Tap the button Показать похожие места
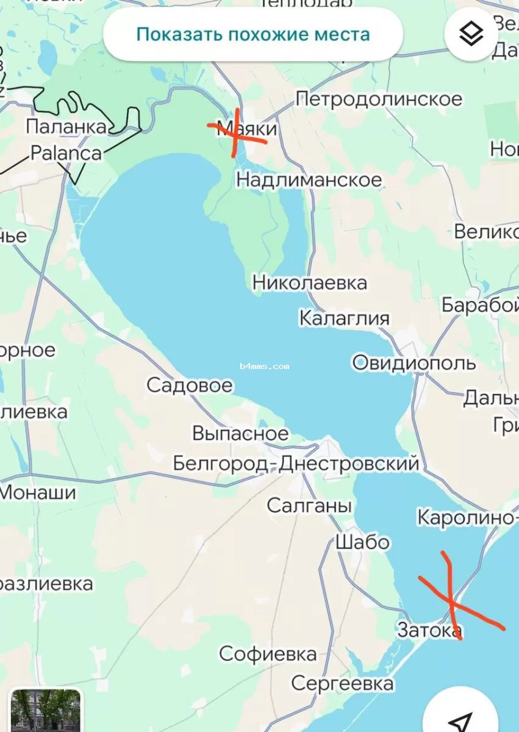point(252,34)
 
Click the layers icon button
point(471,34)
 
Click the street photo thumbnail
point(45,711)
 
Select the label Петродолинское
point(379,99)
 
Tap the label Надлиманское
point(309,180)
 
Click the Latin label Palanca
point(66,152)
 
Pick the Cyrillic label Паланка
point(66,127)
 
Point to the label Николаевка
point(310,283)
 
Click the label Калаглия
point(344,318)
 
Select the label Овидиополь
point(414,363)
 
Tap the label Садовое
point(190,386)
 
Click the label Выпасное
point(240,433)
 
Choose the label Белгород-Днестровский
point(296,464)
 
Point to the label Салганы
point(309,506)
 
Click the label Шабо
point(362,542)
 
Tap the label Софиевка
point(268,655)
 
